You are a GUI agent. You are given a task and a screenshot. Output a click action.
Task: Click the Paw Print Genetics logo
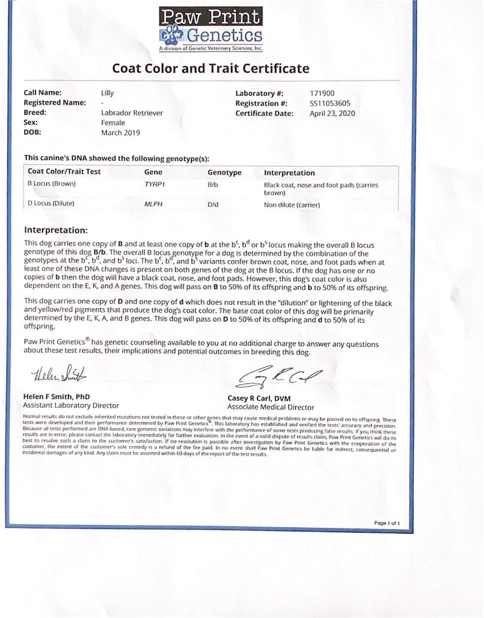tap(210, 29)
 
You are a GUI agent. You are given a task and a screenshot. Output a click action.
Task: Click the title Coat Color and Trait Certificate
tap(210, 68)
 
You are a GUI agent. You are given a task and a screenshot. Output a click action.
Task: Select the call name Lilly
tap(107, 93)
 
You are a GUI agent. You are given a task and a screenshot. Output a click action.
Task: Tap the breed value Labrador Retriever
tap(132, 112)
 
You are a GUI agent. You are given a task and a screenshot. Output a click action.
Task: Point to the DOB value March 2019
tap(120, 132)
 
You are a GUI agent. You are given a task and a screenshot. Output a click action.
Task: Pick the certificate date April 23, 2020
tap(332, 112)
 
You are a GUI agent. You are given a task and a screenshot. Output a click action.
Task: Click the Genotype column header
tap(224, 173)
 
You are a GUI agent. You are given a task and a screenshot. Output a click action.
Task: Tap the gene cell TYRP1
tap(155, 185)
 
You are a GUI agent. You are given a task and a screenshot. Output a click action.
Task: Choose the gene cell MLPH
tap(154, 204)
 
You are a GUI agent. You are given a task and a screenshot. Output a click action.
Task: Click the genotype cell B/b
tap(213, 185)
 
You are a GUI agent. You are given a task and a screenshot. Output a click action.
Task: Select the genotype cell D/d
tap(213, 204)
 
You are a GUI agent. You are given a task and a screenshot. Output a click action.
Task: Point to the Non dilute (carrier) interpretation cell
tap(292, 205)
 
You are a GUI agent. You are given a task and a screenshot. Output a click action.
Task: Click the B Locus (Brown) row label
tap(52, 184)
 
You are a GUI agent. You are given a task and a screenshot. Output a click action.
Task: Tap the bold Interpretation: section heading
tap(56, 230)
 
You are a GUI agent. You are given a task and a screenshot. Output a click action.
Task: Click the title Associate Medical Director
tap(271, 407)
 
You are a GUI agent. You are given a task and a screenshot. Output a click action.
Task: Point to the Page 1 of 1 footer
tap(387, 523)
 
